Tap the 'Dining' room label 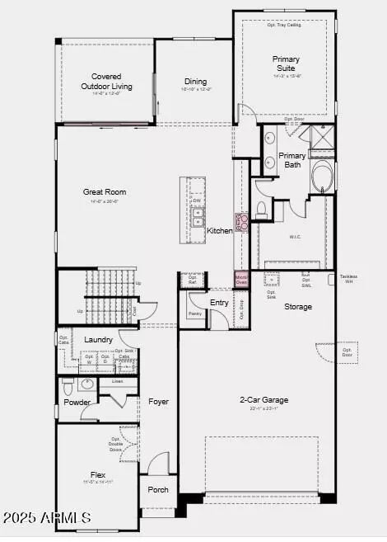tap(195, 81)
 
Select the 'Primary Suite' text tap(286, 64)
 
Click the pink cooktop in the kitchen tap(242, 221)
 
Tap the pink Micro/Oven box tap(241, 279)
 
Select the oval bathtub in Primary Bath tap(321, 176)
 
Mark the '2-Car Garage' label tap(263, 400)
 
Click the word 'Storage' tap(298, 307)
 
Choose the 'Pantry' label tap(194, 313)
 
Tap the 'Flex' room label tap(98, 474)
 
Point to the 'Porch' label tap(158, 489)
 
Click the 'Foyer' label tap(158, 402)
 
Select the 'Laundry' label tap(98, 339)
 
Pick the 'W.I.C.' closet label tap(295, 237)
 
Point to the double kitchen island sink tap(198, 216)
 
